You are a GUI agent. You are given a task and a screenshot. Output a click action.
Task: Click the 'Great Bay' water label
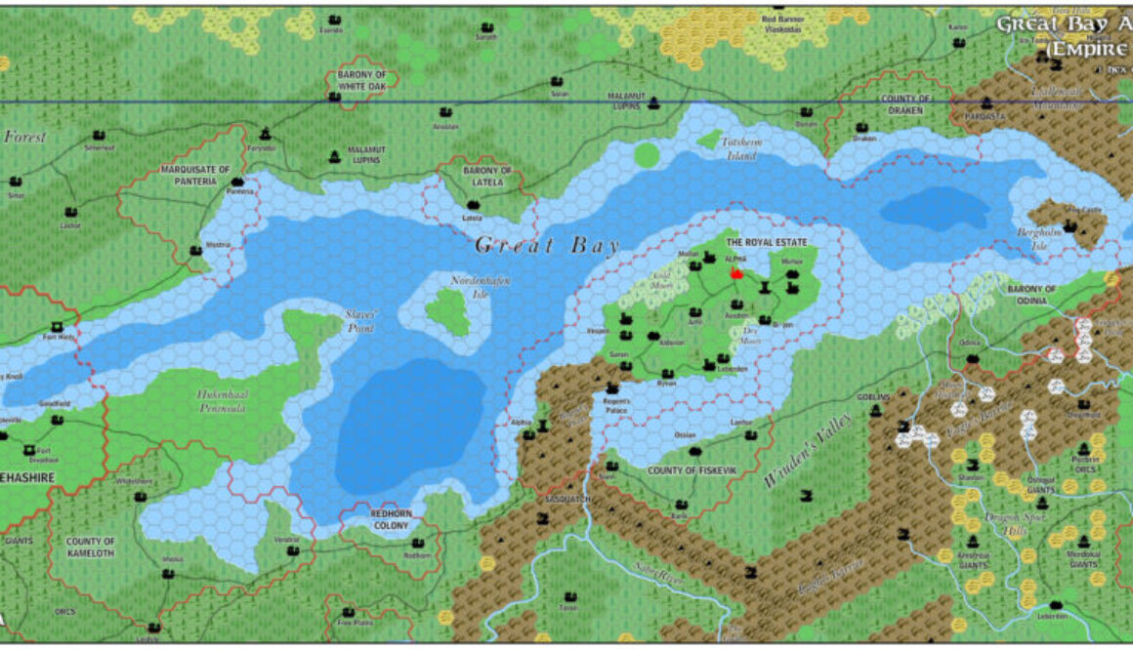click(547, 245)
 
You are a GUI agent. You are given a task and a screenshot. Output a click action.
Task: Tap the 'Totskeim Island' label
click(739, 148)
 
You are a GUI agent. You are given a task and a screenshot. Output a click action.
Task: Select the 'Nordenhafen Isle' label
click(466, 287)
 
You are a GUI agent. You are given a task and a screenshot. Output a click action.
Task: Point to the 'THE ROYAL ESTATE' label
click(763, 241)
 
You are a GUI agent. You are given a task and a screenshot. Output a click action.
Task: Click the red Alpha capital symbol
click(737, 275)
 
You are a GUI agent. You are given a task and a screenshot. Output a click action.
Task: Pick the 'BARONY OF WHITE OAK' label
click(361, 81)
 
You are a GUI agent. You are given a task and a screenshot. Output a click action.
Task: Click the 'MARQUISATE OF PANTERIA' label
click(195, 175)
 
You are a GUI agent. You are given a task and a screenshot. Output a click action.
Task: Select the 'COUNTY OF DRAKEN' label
click(905, 105)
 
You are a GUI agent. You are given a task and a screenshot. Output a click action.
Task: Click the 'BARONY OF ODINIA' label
click(1031, 295)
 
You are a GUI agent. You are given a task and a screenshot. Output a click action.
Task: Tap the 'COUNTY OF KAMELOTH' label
click(90, 547)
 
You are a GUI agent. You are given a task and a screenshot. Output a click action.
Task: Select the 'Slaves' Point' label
click(361, 321)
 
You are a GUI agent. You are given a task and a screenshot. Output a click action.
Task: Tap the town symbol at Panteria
click(237, 182)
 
